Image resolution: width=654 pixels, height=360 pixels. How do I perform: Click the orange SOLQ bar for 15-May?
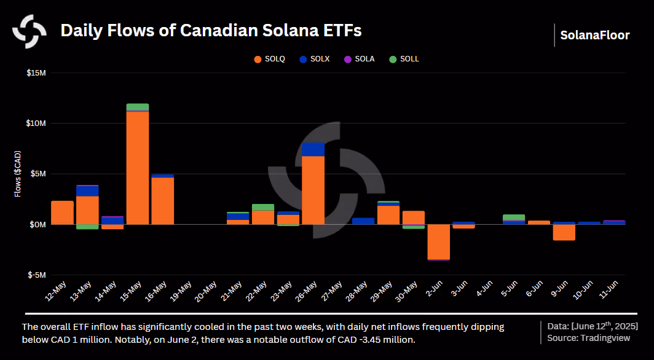(x=138, y=168)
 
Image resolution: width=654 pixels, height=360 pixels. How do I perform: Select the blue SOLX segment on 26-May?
(x=313, y=149)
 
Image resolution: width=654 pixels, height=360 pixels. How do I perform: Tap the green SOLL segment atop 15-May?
(x=138, y=107)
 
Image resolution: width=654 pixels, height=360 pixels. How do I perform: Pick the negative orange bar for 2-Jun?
(x=439, y=241)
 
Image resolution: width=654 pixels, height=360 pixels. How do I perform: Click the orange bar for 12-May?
(x=63, y=213)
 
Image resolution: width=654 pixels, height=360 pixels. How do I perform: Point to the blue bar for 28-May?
(x=363, y=221)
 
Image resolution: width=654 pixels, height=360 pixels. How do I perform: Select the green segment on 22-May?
(x=263, y=207)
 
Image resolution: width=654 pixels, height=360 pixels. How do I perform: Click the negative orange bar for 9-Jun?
(x=564, y=232)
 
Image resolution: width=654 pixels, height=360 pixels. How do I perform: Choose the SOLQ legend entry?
(x=270, y=59)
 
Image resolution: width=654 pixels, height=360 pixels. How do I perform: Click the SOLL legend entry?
(x=404, y=59)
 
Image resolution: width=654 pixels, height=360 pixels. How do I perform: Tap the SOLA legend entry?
(x=359, y=59)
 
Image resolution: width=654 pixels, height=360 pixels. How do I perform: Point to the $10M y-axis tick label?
(x=36, y=123)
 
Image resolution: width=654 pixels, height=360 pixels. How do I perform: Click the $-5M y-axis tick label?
(x=37, y=275)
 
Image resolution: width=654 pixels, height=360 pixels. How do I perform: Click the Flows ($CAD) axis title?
(x=17, y=174)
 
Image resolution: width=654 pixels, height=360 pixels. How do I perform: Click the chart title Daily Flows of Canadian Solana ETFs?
(x=211, y=31)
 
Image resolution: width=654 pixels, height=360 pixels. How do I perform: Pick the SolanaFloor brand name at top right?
(x=595, y=35)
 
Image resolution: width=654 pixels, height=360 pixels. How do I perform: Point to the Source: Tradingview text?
(x=588, y=338)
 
